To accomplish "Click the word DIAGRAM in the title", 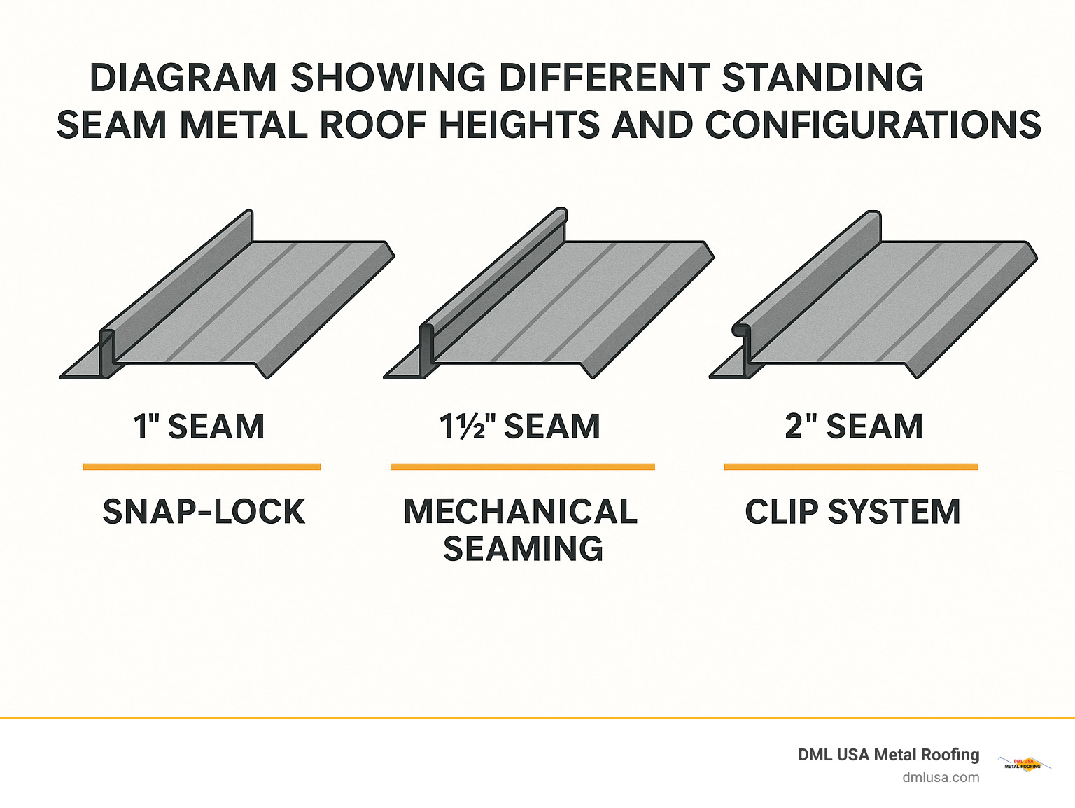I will click(183, 78).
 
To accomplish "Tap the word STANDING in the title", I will click(822, 78).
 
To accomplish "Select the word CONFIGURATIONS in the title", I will click(873, 125).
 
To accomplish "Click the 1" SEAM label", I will click(199, 426).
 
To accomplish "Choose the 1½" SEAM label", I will click(520, 426).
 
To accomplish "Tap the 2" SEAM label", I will click(854, 426).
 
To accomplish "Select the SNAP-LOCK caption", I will click(204, 512).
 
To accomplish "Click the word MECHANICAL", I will click(521, 512).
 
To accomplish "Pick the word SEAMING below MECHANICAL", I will click(523, 548).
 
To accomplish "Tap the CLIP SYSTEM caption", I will click(852, 512).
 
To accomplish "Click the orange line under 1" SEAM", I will click(202, 466).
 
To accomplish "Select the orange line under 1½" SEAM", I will click(522, 466).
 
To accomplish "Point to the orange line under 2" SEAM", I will click(851, 466).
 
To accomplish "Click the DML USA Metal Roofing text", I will click(888, 755).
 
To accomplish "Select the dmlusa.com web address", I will click(941, 777).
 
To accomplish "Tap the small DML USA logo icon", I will click(1023, 764).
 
